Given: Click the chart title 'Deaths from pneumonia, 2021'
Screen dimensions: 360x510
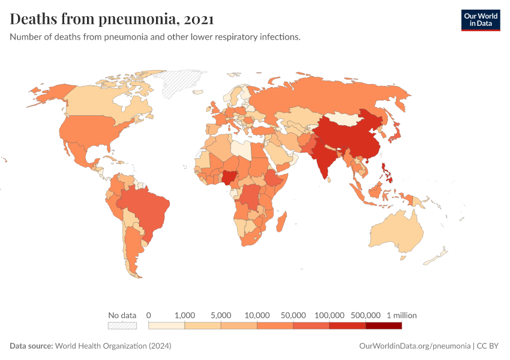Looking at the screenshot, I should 112,19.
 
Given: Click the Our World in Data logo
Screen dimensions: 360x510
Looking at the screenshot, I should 480,20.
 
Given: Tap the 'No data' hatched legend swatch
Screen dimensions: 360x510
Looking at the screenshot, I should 122,325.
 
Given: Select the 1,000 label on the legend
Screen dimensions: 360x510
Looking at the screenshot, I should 185,315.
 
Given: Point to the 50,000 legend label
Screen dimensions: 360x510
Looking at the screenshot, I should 293,315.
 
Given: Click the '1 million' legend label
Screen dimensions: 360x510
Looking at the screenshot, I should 401,315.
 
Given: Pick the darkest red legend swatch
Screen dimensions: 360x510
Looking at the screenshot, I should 383,325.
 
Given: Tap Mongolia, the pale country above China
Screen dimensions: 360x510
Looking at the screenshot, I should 348,118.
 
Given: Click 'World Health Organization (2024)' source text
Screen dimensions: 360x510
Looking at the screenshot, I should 113,346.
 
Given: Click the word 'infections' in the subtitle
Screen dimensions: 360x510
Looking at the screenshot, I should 278,37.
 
